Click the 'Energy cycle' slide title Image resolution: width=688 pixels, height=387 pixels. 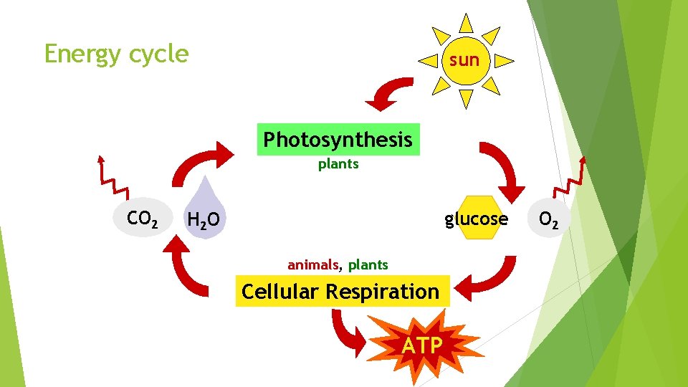[x=116, y=54]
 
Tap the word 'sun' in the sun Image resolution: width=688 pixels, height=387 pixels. [x=464, y=60]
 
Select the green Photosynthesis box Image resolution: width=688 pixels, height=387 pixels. [x=338, y=139]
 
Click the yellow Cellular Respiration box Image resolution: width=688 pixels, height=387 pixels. [x=341, y=292]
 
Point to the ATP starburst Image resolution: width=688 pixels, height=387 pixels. [x=422, y=345]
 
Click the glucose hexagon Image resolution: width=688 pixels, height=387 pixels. [x=476, y=219]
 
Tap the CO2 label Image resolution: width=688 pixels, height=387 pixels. [x=142, y=218]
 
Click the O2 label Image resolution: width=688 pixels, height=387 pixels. [x=549, y=219]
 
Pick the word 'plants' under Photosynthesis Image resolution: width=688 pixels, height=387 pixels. [x=338, y=164]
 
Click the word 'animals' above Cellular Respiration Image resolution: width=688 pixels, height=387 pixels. [x=312, y=265]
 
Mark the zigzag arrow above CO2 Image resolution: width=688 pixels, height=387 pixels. [x=111, y=176]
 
